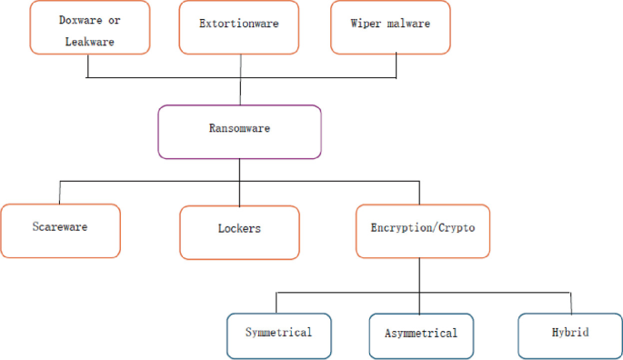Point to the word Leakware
88,41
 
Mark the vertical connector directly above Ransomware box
240,92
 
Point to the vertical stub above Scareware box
60,193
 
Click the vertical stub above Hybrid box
570,303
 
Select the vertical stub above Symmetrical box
276,303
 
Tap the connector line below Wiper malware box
397,65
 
